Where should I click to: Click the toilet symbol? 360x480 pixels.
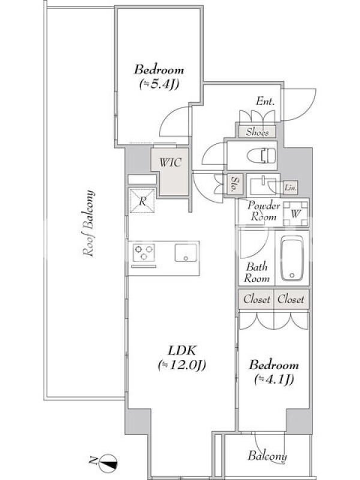coord(261,155)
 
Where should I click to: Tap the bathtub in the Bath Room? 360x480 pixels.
coord(292,258)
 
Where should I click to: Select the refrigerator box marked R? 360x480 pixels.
coord(142,201)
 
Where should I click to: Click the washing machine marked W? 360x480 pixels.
coord(295,214)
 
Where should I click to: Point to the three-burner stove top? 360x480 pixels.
coord(143,253)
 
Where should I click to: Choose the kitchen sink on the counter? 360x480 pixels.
coord(186,253)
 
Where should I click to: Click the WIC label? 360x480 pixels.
coord(170,162)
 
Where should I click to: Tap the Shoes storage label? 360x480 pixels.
coord(257,132)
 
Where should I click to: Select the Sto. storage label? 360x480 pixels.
coord(235,184)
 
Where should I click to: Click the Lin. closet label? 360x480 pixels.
coord(290,188)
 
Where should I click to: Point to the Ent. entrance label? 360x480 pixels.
coord(265,101)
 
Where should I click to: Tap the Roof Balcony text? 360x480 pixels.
coord(88,223)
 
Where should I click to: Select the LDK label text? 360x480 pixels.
coord(182,350)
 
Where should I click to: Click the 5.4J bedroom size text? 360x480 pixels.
coord(159,83)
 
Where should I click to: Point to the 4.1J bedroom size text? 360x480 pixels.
coord(274,379)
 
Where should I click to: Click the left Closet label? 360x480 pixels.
coord(257,299)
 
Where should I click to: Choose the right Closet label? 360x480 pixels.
coord(291,299)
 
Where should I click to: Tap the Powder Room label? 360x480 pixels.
coord(263,211)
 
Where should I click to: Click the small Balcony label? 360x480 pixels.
coord(267,455)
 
